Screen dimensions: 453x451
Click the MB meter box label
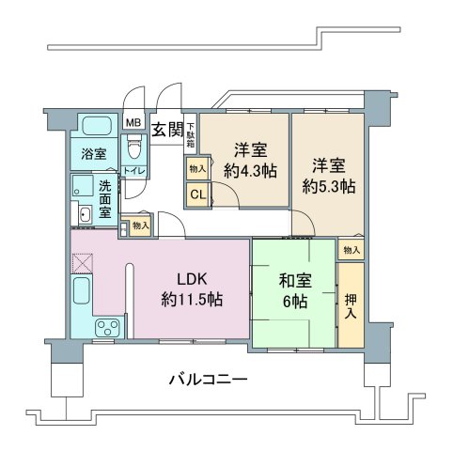tap(133, 122)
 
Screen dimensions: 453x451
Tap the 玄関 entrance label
tap(167, 130)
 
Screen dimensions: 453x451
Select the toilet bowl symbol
tap(134, 149)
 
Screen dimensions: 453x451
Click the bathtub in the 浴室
tap(96, 126)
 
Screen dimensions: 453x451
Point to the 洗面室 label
tap(105, 199)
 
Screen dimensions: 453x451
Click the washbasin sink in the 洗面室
tap(85, 215)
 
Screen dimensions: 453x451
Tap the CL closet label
tap(198, 194)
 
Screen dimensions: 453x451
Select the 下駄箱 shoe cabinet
tap(191, 133)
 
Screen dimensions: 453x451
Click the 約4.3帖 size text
tap(250, 171)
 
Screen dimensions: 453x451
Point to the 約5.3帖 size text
tap(329, 187)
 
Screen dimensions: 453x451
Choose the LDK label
tap(192, 279)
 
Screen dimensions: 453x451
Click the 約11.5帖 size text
tap(192, 300)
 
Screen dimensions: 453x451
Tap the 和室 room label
tap(295, 280)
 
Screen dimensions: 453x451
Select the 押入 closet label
tap(351, 306)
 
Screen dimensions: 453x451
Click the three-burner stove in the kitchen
tap(108, 328)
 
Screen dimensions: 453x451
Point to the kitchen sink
tap(82, 290)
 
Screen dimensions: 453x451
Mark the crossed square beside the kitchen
tap(82, 263)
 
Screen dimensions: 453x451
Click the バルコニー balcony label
tap(209, 380)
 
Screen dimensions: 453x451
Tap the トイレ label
tap(134, 171)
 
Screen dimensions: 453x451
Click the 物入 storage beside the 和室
tap(351, 250)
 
